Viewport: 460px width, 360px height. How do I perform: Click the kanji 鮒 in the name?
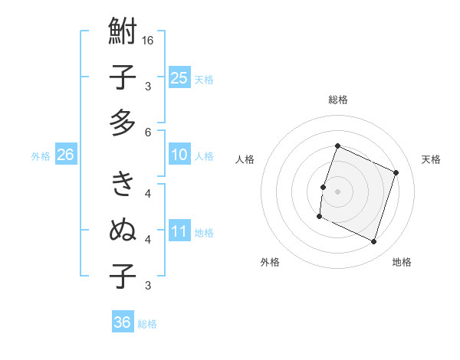click(123, 34)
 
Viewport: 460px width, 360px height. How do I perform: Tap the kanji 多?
click(123, 123)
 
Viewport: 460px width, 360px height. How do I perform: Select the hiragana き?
click(123, 184)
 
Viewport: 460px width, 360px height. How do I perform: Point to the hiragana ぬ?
click(123, 229)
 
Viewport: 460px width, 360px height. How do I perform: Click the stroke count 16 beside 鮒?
click(148, 40)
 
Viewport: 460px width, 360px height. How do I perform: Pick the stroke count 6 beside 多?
click(148, 132)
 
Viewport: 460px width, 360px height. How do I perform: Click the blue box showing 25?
click(179, 77)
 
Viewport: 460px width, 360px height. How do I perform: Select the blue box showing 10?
click(179, 155)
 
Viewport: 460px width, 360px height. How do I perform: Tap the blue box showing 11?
click(179, 231)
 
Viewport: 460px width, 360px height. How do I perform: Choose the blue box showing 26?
click(66, 155)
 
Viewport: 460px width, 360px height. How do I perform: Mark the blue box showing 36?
click(122, 322)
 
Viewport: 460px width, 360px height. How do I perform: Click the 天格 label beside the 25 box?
click(204, 79)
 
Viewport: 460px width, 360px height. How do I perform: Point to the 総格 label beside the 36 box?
click(147, 324)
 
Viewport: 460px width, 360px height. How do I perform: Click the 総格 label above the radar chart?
click(337, 100)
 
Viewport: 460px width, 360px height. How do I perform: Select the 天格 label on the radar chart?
click(432, 159)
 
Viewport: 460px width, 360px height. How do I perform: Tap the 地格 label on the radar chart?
click(402, 262)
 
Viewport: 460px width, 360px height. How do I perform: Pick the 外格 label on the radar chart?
click(270, 262)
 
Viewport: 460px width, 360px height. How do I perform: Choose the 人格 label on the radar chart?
click(245, 159)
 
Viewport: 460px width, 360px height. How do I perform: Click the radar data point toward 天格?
click(396, 173)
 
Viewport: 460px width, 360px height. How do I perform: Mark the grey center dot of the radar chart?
click(337, 191)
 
